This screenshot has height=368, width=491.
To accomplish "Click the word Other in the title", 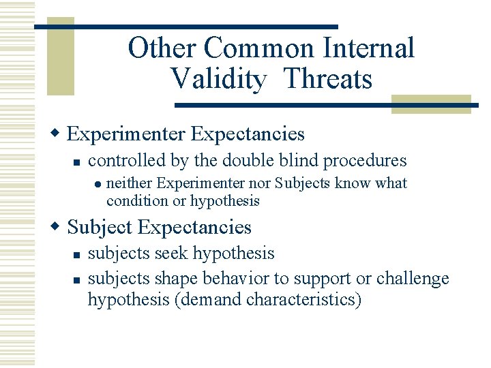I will click(x=162, y=48).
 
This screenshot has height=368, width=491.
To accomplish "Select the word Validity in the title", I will click(x=218, y=79).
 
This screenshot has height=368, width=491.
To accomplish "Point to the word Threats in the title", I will click(x=327, y=79).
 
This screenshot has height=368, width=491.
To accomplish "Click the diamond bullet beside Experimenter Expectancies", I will click(x=59, y=134).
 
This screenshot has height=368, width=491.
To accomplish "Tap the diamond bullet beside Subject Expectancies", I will click(x=59, y=227).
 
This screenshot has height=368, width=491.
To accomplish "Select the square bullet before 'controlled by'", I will click(x=78, y=162).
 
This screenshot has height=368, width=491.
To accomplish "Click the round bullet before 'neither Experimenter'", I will click(x=98, y=184).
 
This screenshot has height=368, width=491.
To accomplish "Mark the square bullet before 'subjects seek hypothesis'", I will click(x=78, y=255).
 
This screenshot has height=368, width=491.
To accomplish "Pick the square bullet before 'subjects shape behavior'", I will click(x=78, y=279).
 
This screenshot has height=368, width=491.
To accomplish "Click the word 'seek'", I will click(x=175, y=254).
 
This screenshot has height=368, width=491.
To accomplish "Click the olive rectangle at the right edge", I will click(x=430, y=104).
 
